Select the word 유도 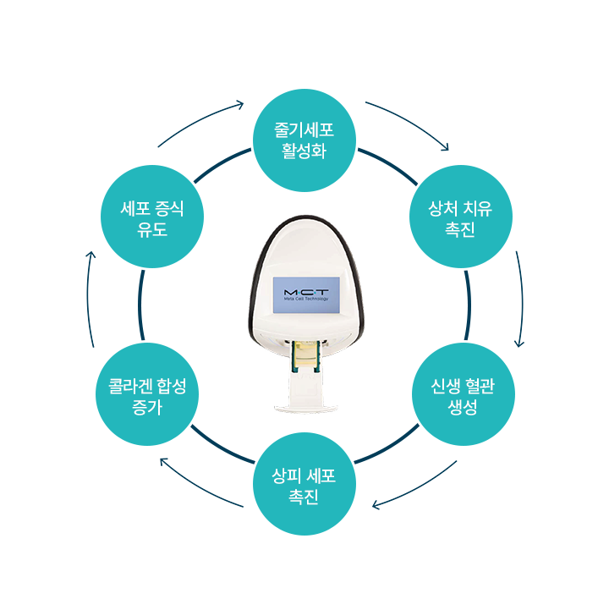point(152,229)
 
